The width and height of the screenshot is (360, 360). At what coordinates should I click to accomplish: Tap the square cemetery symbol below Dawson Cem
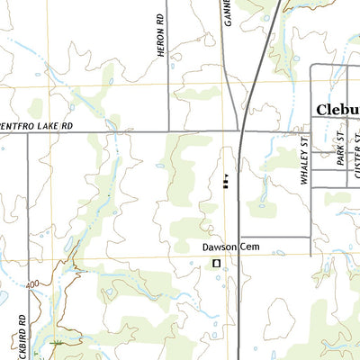pyautogui.click(x=216, y=263)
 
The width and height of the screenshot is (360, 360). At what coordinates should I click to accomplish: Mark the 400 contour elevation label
pyautogui.click(x=34, y=285)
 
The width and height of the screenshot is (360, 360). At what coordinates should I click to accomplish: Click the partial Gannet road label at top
pyautogui.click(x=227, y=12)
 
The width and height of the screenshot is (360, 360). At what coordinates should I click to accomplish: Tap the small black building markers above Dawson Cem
pyautogui.click(x=225, y=183)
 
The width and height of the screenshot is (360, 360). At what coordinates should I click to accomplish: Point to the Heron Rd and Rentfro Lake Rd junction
pyautogui.click(x=168, y=132)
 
